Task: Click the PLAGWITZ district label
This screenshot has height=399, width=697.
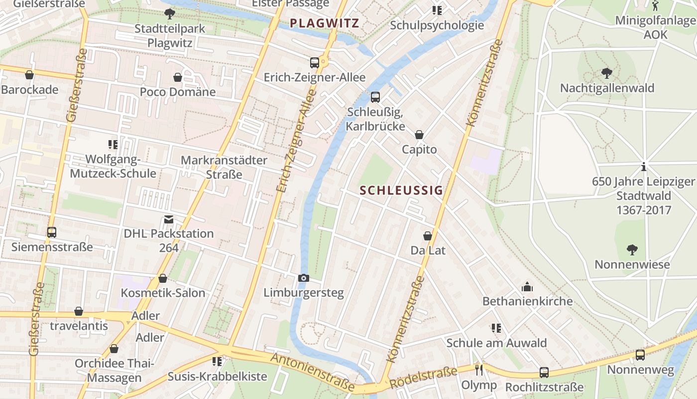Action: [x=324, y=23]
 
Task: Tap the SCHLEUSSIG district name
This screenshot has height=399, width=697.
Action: [x=401, y=190]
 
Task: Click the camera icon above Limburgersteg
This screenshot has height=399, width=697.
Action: [x=303, y=278]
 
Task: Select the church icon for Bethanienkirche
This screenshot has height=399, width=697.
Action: [x=527, y=287]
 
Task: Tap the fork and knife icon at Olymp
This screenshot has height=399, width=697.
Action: [x=479, y=370]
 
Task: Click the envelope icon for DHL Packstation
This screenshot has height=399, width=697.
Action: [x=169, y=219]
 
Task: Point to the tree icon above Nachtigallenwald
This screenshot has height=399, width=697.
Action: [x=606, y=73]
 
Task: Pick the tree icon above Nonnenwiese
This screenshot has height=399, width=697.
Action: [x=632, y=249]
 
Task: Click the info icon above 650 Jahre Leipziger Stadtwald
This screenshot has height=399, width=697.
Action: [x=643, y=167]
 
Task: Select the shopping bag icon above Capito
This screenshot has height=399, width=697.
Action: [x=419, y=135]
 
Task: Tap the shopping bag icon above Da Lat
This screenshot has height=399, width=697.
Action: [x=428, y=236]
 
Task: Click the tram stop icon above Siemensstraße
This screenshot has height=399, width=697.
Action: [x=52, y=232]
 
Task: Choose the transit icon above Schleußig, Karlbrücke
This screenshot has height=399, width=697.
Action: [x=375, y=97]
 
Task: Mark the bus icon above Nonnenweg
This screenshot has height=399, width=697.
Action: [x=640, y=355]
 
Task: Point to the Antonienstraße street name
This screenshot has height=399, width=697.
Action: [x=313, y=372]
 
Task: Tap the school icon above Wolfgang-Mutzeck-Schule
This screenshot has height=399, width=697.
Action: [x=113, y=145]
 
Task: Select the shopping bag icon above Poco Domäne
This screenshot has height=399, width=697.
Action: [x=178, y=77]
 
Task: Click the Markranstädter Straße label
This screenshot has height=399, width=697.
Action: [x=224, y=167]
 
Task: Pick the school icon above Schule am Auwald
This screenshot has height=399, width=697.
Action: [x=496, y=328]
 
